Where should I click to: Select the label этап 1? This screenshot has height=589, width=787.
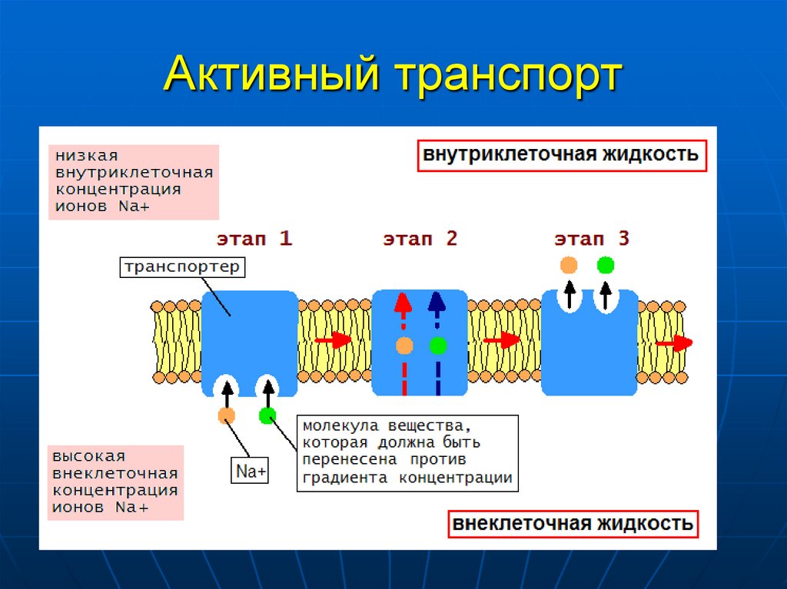(254, 239)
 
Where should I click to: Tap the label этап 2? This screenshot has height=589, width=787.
(420, 239)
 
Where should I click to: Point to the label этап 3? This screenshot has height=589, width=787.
(592, 239)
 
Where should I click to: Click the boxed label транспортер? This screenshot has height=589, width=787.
(182, 267)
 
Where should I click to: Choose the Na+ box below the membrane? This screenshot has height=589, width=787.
(251, 471)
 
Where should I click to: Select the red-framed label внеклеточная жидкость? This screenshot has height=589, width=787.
(573, 524)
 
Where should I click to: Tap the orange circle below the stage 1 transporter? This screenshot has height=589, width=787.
(227, 415)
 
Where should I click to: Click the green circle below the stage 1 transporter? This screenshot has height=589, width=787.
(267, 415)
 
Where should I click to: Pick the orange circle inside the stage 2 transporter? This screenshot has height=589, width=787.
(404, 345)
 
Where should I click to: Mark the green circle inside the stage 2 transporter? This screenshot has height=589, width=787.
(438, 345)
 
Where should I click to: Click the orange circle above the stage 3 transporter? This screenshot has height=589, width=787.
(569, 266)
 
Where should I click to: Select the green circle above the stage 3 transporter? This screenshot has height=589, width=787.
(606, 266)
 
